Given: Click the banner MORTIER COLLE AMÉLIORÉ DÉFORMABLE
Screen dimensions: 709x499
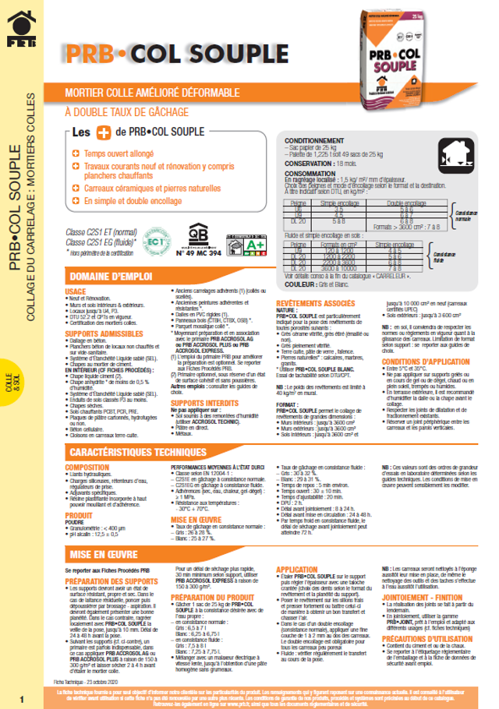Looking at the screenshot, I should pos(148,94).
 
